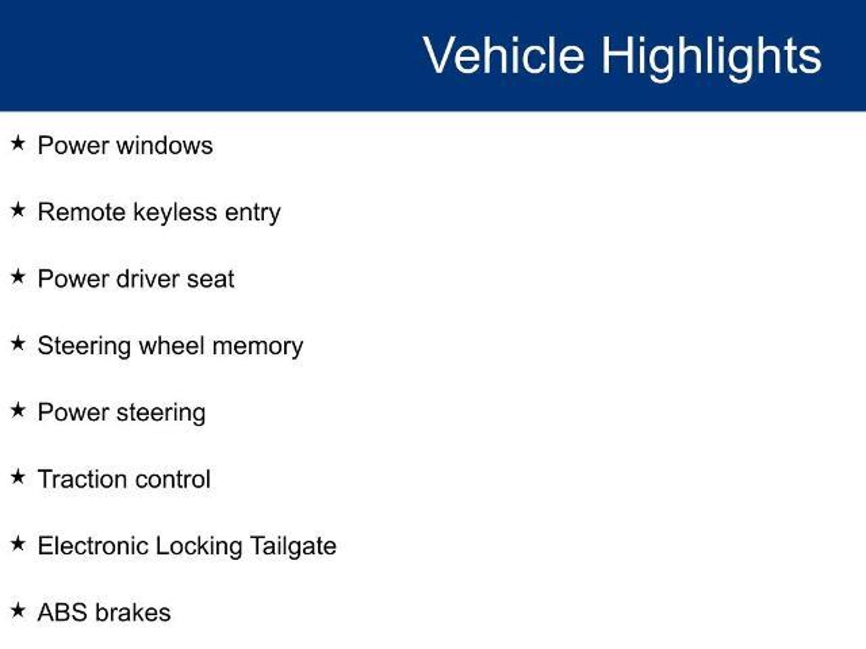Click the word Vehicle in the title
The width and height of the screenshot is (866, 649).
(504, 55)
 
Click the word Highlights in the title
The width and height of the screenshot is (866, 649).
(712, 58)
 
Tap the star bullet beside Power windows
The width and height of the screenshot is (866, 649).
(18, 143)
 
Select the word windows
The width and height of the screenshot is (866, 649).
(164, 145)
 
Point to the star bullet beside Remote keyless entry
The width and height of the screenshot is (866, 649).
(18, 210)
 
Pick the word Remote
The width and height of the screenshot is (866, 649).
(81, 212)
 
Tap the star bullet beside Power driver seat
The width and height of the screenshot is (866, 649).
(18, 277)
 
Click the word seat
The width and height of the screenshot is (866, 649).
(211, 280)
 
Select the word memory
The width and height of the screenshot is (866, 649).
(258, 347)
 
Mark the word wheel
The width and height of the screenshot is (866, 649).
(172, 346)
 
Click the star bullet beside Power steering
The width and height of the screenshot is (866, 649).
(18, 410)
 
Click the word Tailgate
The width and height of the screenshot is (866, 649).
(293, 547)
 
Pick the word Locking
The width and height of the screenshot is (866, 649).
(199, 547)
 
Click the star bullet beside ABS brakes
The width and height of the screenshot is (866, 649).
(18, 611)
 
